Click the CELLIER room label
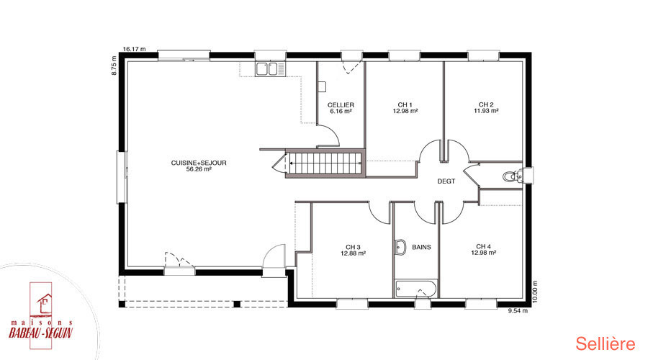coord(341,105)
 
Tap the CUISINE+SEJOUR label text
coord(199,163)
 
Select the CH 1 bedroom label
coord(405,105)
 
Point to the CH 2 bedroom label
coord(486,104)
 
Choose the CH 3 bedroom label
coord(353,247)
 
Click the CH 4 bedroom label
coord(484,246)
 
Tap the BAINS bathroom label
coord(421,247)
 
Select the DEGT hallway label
coord(446,181)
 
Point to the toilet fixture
coord(513,176)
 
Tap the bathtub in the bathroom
coord(416,289)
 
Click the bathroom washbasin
coord(400,247)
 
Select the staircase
coord(325,163)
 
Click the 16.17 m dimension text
coord(135,49)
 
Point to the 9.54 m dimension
coord(518,311)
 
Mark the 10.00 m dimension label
coord(535,292)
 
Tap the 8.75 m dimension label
coord(114,66)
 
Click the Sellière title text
coord(606,344)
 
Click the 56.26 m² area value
coord(199,169)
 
